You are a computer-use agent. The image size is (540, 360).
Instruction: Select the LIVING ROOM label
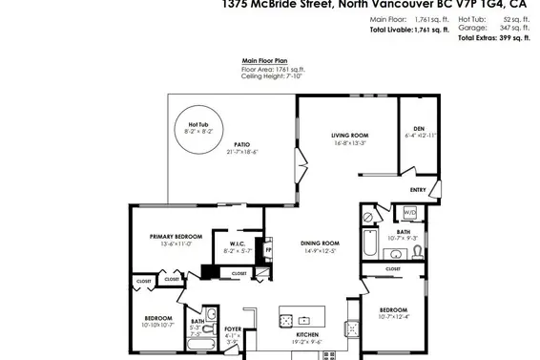coord(350,136)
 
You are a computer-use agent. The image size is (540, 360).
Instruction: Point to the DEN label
coord(418,129)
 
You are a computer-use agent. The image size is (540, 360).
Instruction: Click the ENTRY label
coord(417,189)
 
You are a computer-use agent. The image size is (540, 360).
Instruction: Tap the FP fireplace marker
coord(268,251)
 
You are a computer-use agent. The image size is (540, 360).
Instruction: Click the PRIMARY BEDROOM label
coord(175,236)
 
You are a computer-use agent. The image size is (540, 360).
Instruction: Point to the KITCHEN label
coord(307,334)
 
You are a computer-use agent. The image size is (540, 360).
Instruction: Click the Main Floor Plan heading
coord(262,61)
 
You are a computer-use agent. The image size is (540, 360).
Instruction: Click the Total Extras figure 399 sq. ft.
coord(503,38)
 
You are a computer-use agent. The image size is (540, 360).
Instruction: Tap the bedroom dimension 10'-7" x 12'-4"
coord(393,317)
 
